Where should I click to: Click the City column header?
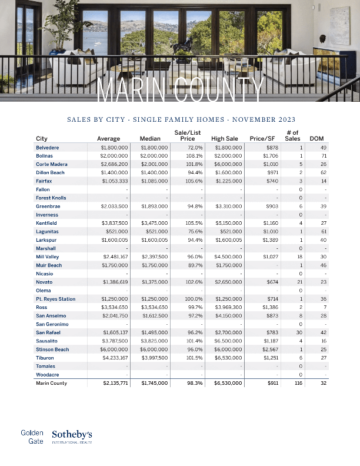pos(42,139)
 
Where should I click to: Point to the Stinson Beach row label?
pos(52,349)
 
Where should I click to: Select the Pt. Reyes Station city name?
pos(56,299)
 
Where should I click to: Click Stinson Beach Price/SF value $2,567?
pos(269,349)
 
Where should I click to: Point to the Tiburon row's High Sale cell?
pos(226,358)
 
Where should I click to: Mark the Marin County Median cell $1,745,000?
pos(155,383)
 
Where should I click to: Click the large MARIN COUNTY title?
pos(179,90)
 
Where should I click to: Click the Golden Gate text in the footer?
pos(32,436)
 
